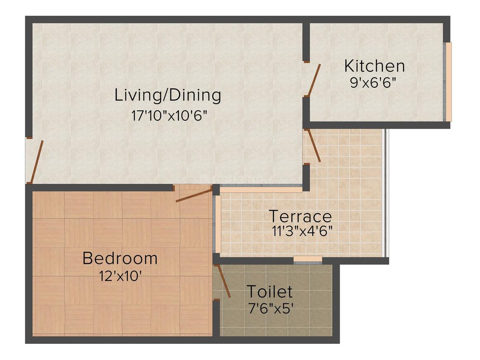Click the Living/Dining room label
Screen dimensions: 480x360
tap(168, 95)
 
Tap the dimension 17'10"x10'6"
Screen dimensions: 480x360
tap(169, 116)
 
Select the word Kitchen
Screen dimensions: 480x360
tap(374, 66)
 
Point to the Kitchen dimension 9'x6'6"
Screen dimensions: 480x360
tap(373, 83)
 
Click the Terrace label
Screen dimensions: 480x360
tap(300, 216)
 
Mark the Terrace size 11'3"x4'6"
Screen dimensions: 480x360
tap(302, 231)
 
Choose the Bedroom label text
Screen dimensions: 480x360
tap(120, 258)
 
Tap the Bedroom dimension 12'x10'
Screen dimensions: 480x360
tap(120, 276)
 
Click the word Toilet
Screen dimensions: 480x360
tap(270, 291)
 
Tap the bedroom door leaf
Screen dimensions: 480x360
tap(194, 196)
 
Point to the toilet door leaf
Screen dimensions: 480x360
tap(224, 281)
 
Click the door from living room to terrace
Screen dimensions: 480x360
tap(314, 145)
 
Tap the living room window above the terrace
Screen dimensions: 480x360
tap(261, 189)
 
